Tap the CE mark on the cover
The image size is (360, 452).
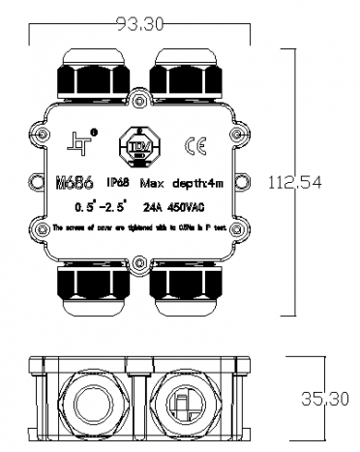click(194, 147)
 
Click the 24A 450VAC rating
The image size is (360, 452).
click(169, 207)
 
